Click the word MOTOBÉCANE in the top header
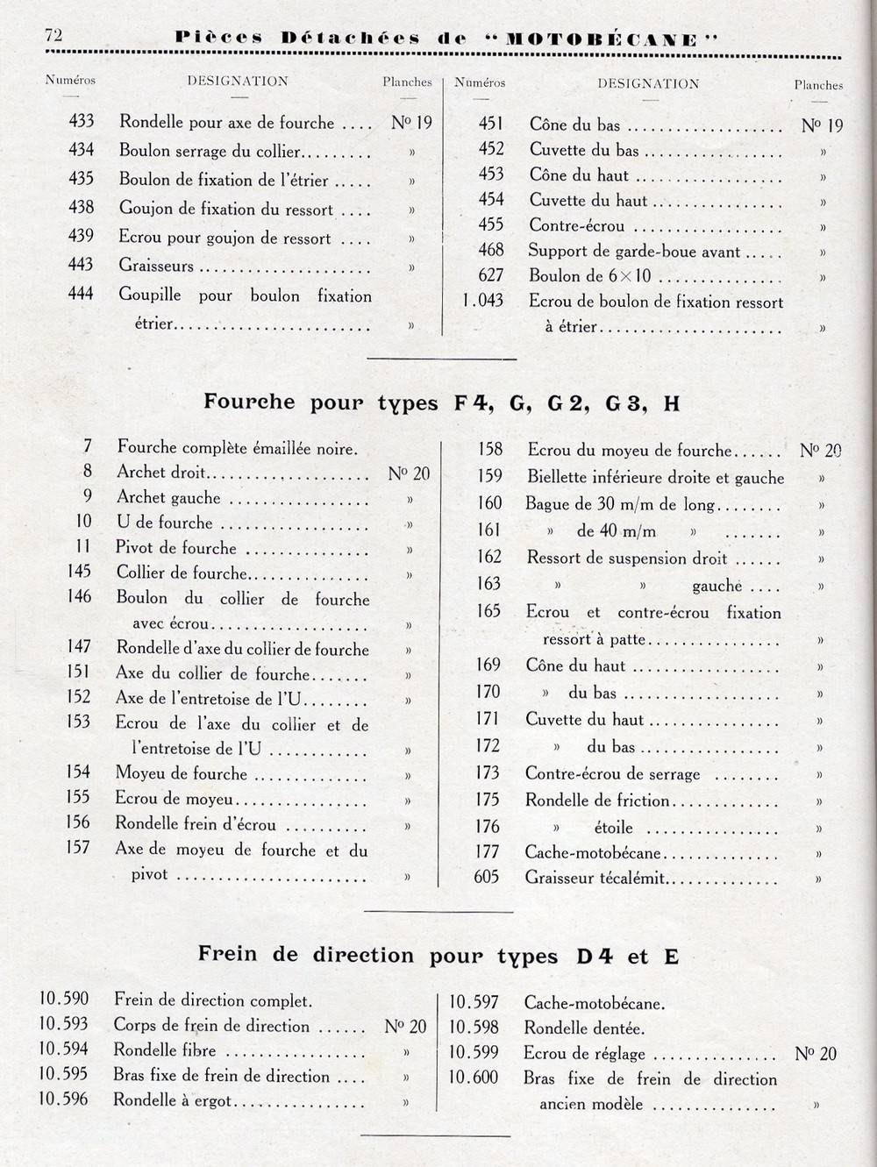[601, 39]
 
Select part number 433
[81, 122]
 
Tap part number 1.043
[483, 301]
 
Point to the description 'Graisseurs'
[156, 266]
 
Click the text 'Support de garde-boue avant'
[634, 252]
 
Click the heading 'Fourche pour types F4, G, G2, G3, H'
[442, 402]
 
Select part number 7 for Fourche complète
[88, 447]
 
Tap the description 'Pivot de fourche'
[176, 548]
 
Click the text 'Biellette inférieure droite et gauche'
[655, 478]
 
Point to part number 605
[487, 877]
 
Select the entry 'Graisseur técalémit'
[595, 878]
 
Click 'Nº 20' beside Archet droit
[409, 473]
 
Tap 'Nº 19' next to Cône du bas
[822, 125]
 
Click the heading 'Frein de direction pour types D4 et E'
[438, 955]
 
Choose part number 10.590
[64, 999]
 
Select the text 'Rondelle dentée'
[583, 1028]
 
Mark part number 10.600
[474, 1078]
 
